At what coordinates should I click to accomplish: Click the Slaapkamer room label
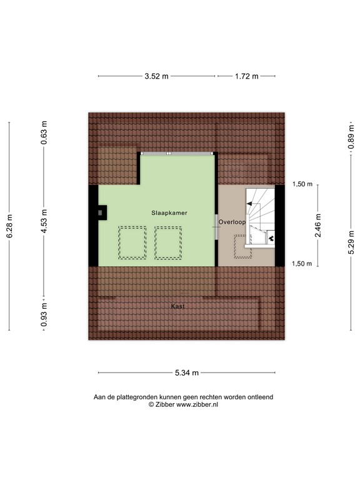pyautogui.click(x=169, y=213)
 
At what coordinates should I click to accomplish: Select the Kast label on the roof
pyautogui.click(x=179, y=306)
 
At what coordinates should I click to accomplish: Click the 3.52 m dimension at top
pyautogui.click(x=156, y=76)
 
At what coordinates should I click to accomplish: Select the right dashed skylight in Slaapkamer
pyautogui.click(x=168, y=242)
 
